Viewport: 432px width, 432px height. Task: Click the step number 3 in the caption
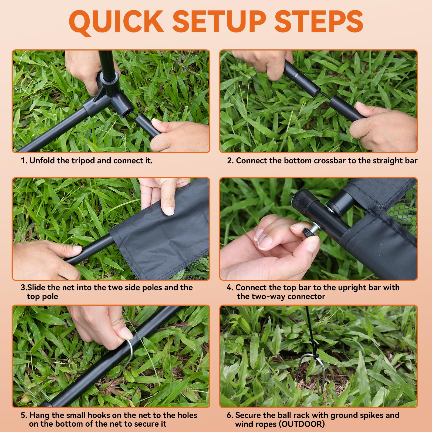[23, 288]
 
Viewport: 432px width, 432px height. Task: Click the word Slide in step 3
[36, 288]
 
